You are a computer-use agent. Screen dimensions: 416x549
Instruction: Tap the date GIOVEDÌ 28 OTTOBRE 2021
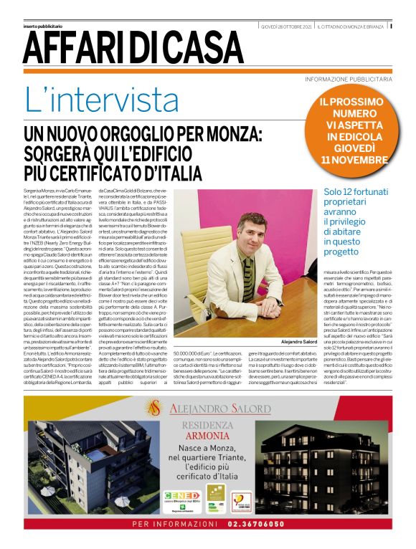pyautogui.click(x=286, y=26)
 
